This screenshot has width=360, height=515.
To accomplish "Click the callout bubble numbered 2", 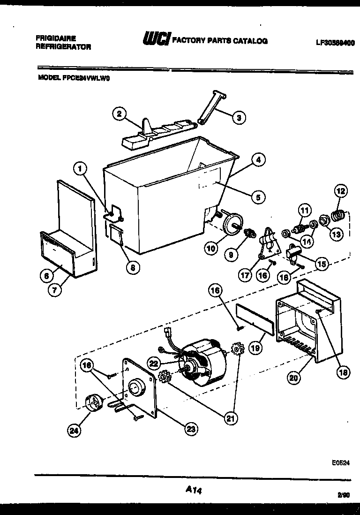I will click(119, 113).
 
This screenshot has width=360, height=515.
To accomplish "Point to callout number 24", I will click(74, 430).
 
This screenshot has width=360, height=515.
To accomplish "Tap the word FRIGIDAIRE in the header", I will click(56, 38).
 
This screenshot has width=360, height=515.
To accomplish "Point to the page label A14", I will click(193, 490).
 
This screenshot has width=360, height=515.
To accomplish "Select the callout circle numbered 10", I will click(211, 248).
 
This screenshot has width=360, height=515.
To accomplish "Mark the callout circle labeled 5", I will click(257, 197).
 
